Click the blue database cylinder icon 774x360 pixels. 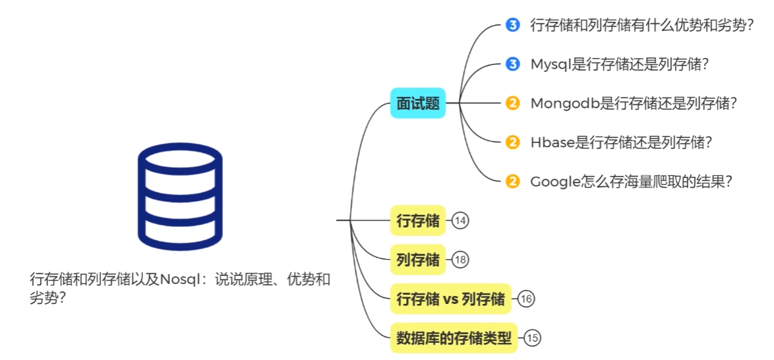pos(180,197)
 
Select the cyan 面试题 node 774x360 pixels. pos(418,104)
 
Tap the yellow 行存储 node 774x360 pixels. pos(418,221)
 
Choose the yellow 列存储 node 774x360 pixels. pos(418,260)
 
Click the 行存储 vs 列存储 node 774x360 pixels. pos(451,299)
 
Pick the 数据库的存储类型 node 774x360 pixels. pos(454,338)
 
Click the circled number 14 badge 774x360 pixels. pos(461,221)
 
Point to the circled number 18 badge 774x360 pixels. pos(461,260)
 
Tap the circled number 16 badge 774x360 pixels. pos(526,299)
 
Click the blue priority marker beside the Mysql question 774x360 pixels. pos(512,65)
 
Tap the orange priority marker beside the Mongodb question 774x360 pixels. pos(512,104)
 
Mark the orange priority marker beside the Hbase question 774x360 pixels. pos(512,142)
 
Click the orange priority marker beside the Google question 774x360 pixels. pos(512,181)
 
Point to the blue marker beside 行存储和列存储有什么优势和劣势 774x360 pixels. pos(512,26)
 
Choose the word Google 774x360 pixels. pos(554,181)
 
